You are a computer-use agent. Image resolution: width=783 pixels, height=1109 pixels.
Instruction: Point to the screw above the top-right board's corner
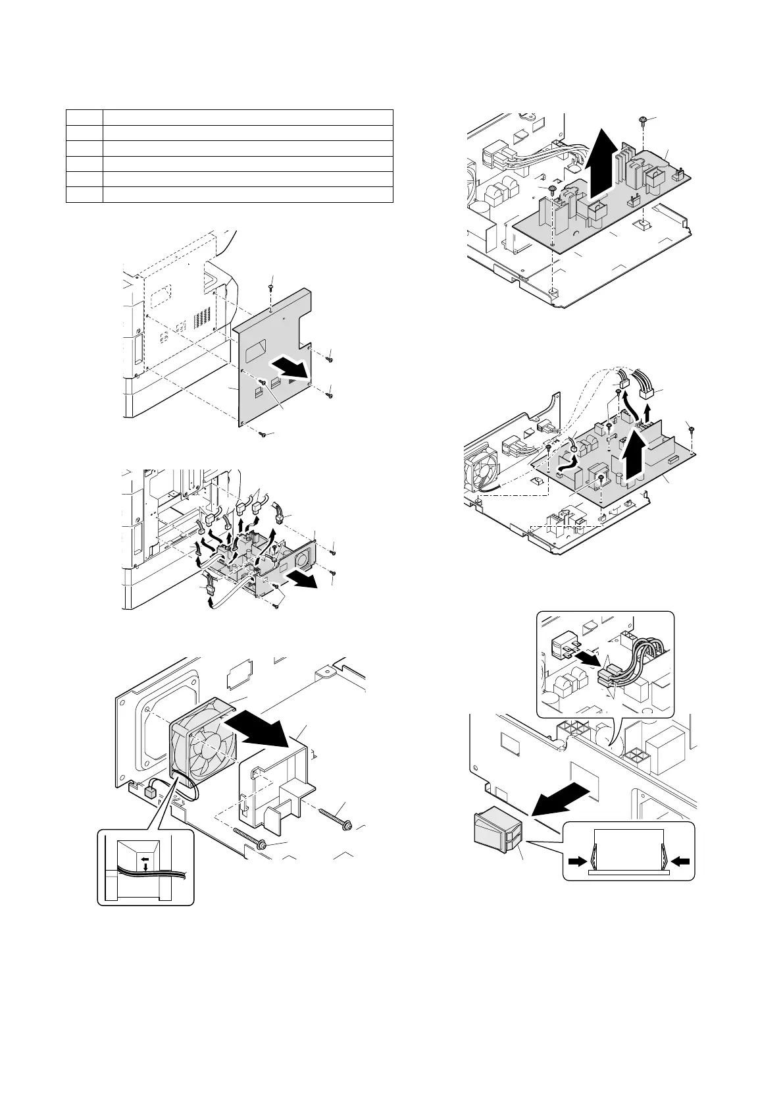pos(642,119)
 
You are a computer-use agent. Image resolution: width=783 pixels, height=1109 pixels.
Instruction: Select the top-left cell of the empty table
pos(84,117)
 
